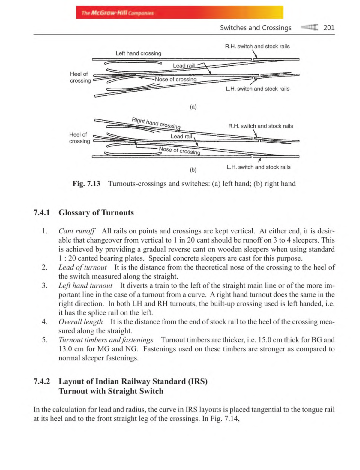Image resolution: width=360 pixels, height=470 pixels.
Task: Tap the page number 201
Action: pos(329,28)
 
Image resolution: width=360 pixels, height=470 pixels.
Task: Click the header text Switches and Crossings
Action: pos(256,28)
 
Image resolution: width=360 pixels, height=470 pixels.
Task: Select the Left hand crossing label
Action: pos(138,53)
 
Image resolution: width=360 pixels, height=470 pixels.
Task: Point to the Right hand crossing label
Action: pos(156,123)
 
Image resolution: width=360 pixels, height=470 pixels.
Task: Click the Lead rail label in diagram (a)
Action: pos(184,65)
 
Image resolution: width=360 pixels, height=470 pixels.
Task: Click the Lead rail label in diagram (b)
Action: pos(181,136)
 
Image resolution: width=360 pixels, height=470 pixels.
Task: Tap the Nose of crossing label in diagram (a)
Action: pos(175,79)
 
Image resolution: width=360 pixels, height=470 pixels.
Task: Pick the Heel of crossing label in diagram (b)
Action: pos(79,138)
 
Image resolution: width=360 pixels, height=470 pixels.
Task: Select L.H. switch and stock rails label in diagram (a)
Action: pos(257,89)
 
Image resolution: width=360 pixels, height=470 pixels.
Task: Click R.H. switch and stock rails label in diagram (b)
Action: pos(260,126)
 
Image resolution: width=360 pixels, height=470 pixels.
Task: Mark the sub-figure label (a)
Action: pos(193,107)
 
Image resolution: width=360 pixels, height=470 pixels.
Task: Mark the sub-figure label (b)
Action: pos(193,170)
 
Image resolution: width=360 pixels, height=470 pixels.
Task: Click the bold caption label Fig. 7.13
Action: pos(86,184)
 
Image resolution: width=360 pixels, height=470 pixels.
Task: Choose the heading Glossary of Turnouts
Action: pos(96,212)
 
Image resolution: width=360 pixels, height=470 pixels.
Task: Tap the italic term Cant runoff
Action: pos(76,231)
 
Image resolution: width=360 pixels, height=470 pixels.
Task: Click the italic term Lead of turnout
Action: pos(82,267)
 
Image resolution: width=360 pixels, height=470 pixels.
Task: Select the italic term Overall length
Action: pos(80,322)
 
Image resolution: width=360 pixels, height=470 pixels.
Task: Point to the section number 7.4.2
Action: pos(42,381)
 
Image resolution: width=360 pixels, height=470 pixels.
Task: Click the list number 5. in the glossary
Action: pos(45,340)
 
